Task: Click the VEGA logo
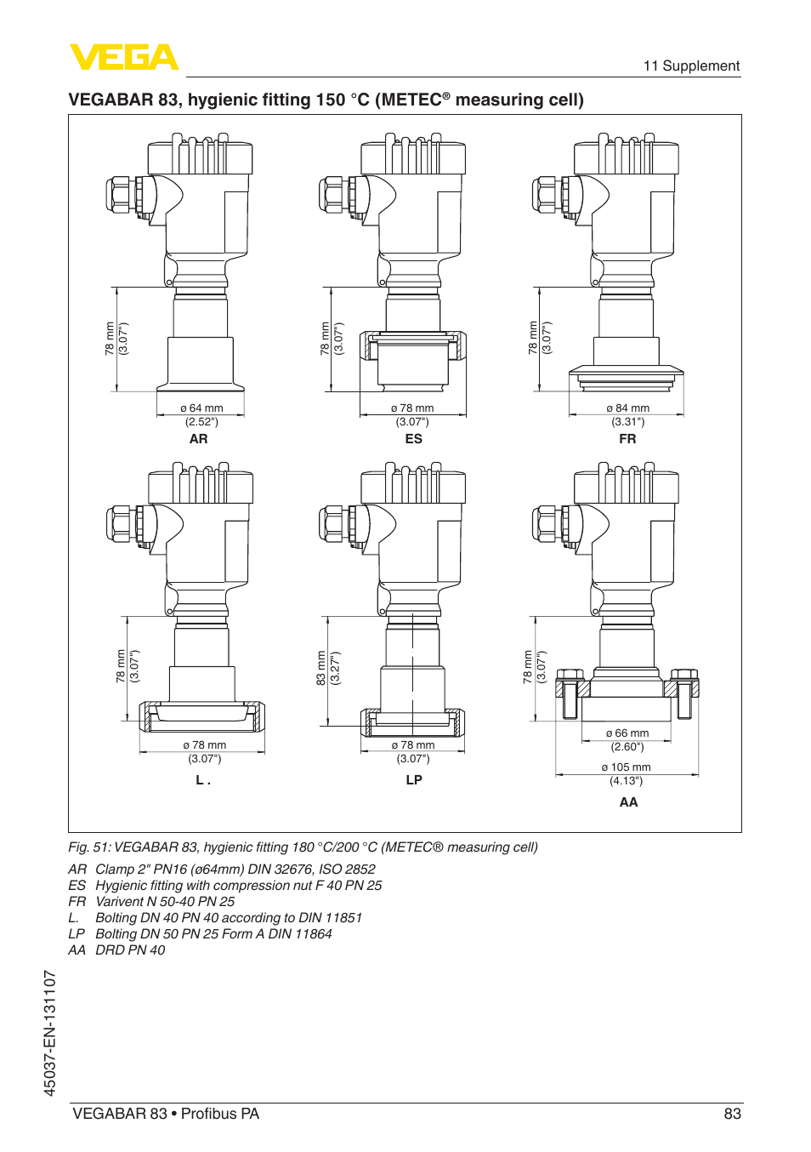point(124,58)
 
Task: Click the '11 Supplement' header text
point(690,66)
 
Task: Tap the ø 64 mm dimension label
point(201,408)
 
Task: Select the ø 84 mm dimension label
point(627,408)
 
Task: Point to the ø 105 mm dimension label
point(626,767)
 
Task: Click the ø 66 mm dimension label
point(627,733)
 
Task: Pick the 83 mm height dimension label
point(321,668)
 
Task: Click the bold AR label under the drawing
point(198,439)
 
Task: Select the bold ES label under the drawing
point(413,439)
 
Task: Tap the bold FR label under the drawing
point(627,439)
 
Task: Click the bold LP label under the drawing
point(414,780)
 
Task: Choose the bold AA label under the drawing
point(628,802)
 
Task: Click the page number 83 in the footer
point(732,1114)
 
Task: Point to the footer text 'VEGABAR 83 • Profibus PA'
point(166,1114)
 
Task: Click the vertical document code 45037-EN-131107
point(50,1033)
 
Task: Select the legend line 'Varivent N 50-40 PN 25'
point(165,902)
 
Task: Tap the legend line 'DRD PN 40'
point(130,950)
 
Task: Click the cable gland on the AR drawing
point(120,195)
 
